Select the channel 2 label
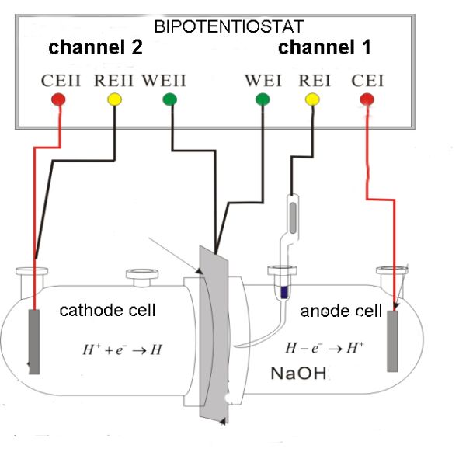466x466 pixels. pos(96,47)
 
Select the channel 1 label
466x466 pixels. pos(325,47)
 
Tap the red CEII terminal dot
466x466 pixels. pos(58,99)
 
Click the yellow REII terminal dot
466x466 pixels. pos(114,99)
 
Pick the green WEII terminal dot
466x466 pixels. pos(170,99)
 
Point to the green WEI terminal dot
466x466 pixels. pos(263,99)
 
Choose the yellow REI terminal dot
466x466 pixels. pos(311,99)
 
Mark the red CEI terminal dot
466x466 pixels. pos(367,99)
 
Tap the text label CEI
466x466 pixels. pos(367,80)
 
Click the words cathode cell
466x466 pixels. pos(108,311)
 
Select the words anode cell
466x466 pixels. pos(341,311)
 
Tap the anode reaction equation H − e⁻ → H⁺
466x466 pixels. pos(313,349)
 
